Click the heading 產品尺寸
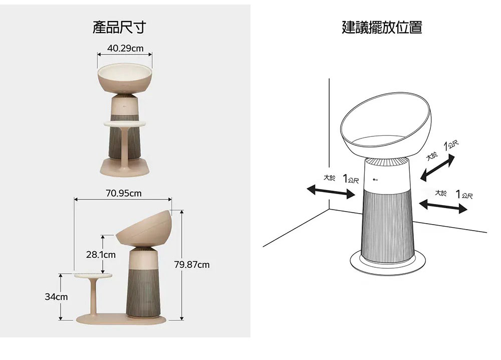119,27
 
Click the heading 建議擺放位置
382,27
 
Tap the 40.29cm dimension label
125,48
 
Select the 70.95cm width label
123,193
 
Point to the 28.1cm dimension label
101,255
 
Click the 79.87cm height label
192,265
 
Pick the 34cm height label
56,297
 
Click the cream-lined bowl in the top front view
125,78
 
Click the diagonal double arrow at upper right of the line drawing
437,167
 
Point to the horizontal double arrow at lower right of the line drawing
443,206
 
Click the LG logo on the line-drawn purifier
375,179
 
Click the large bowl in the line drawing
386,125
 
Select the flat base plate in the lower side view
121,319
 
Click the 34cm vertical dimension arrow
61,297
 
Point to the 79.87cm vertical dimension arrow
182,265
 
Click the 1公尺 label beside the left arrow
351,178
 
